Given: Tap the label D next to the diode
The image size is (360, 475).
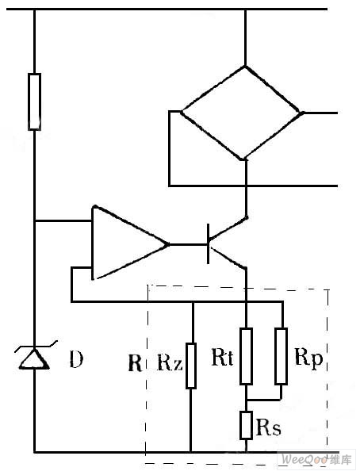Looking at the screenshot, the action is (76, 359).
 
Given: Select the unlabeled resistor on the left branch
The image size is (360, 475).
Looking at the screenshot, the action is (34, 102).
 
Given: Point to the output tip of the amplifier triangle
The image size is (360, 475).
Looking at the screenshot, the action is (168, 244).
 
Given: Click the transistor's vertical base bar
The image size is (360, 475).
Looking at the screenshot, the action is (209, 244).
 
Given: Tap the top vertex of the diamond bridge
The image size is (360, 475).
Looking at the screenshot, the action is (246, 66).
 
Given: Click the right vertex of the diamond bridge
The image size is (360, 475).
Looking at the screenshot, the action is (302, 113).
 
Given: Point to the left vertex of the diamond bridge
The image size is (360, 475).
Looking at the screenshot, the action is (181, 112).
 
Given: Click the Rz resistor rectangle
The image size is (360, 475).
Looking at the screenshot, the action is (191, 366).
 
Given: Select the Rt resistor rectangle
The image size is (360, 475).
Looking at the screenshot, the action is (246, 356).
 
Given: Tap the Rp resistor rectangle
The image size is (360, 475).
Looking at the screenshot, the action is (281, 356).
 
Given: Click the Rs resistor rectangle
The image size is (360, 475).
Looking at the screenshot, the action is (246, 425).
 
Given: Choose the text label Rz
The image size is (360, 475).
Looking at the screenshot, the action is (170, 362).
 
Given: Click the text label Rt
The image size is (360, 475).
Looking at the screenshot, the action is (222, 357).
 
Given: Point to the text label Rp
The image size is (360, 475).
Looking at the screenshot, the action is (308, 359).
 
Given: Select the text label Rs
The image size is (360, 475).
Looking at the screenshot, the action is (268, 427).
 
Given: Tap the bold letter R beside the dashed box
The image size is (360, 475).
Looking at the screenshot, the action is (135, 362).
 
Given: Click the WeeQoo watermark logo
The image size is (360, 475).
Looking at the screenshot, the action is (316, 459).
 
